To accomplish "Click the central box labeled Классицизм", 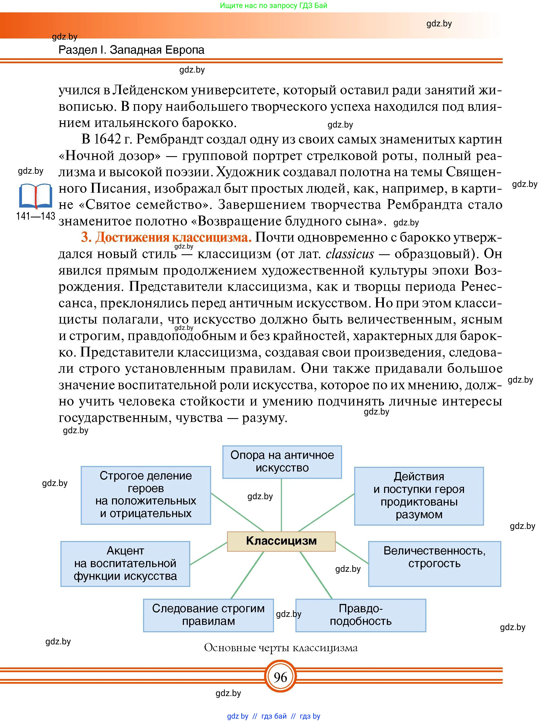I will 281,541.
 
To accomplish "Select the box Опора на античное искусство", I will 282,462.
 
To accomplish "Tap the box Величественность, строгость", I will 434,564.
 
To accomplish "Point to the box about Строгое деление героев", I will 146,495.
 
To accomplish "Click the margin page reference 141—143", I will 35,216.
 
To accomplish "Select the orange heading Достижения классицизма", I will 166,237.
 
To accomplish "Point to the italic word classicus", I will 350,254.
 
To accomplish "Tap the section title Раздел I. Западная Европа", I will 131,50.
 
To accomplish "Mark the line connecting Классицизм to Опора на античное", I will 281,505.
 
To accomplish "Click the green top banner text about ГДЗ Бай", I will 273,5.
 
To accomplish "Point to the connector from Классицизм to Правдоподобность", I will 316,575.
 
